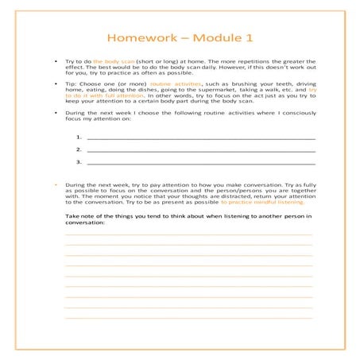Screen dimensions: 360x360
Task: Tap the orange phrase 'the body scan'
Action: click(114, 61)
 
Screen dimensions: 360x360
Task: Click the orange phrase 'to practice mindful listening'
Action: click(260, 203)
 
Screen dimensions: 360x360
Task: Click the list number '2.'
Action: click(79, 149)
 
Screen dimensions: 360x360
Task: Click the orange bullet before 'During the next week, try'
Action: click(55, 184)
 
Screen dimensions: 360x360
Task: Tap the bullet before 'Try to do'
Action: click(55, 61)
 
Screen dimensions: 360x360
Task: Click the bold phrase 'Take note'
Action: click(80, 216)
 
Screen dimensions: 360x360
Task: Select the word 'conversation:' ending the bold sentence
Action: click(85, 223)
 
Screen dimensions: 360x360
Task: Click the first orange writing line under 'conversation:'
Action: click(188, 234)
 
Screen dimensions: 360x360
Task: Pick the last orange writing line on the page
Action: click(188, 317)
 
